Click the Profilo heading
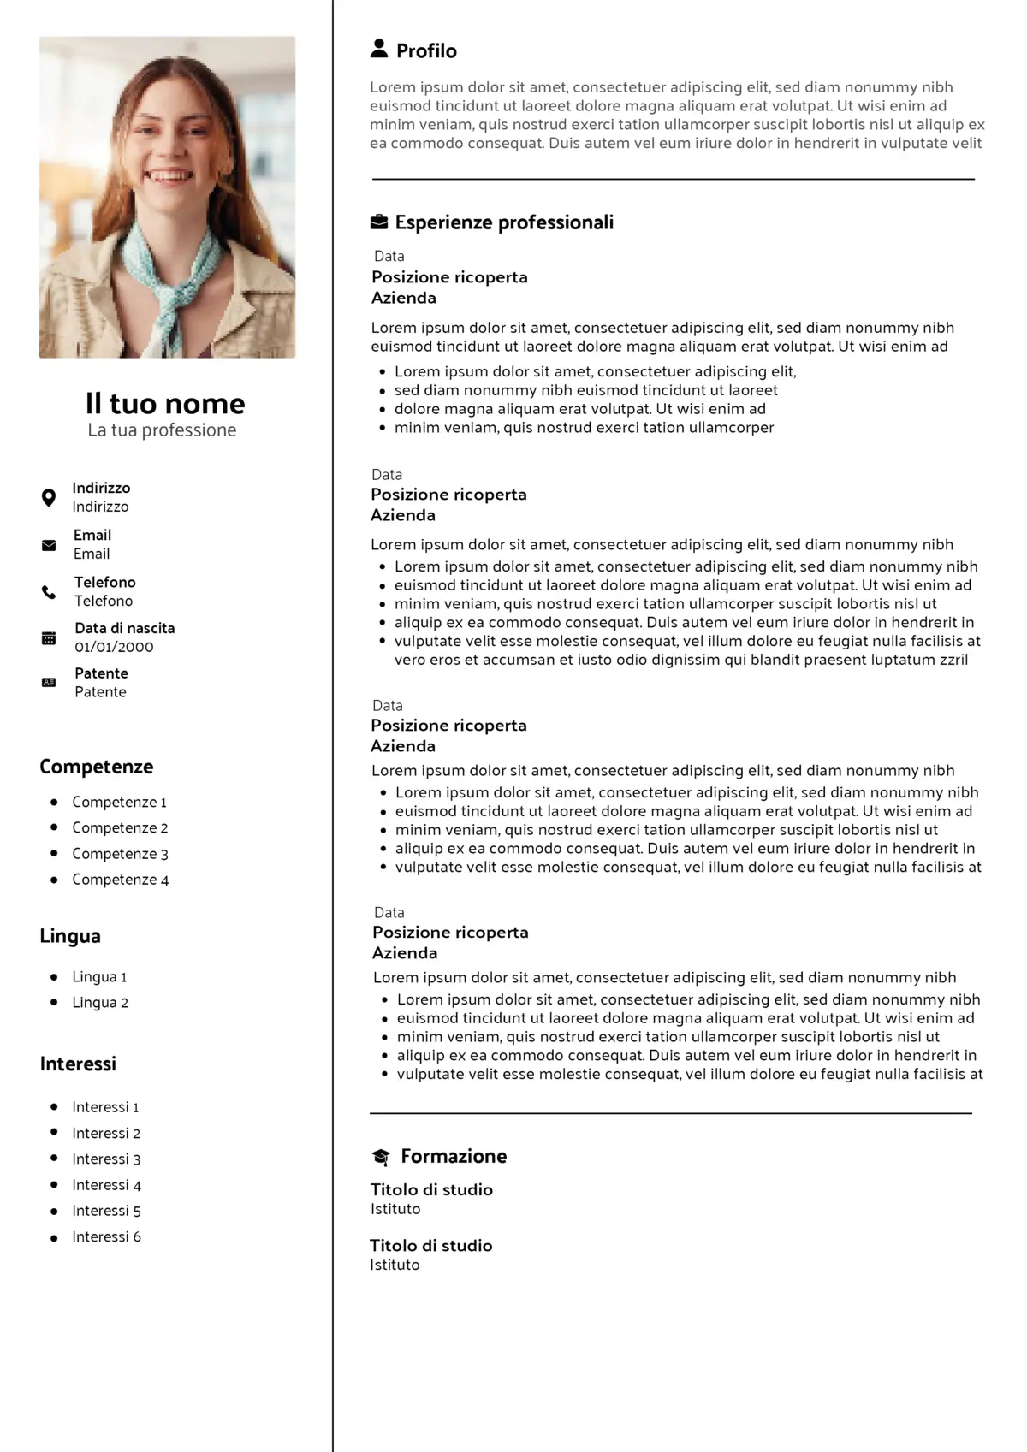tap(425, 51)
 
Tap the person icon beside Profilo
tap(379, 49)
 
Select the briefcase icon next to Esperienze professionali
tap(379, 222)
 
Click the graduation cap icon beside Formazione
tap(381, 1157)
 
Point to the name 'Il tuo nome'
tap(165, 403)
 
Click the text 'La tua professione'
tap(162, 430)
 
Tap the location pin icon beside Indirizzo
tap(49, 497)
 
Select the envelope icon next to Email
tap(49, 545)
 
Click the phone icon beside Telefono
tap(49, 592)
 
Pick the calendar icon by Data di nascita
tap(49, 637)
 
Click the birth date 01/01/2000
tap(114, 647)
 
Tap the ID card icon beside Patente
tap(49, 683)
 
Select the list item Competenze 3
tap(120, 854)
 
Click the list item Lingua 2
tap(100, 1003)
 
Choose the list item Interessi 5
tap(106, 1211)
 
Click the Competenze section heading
tap(97, 767)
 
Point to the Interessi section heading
tap(78, 1064)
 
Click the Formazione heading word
tap(454, 1157)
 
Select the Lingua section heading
tap(70, 936)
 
